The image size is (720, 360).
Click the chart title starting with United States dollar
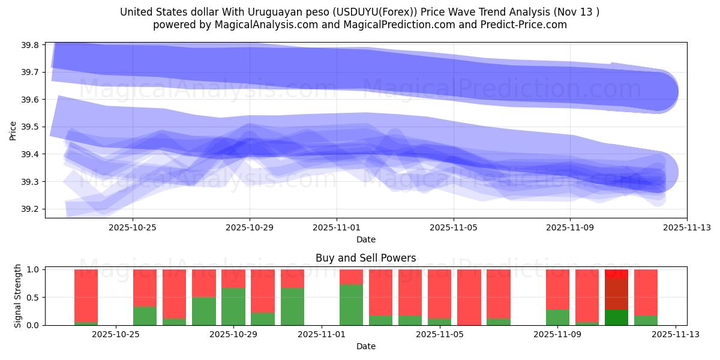359,12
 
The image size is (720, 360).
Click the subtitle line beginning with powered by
359,25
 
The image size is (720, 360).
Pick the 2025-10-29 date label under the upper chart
250,227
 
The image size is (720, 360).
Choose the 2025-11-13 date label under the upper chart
687,227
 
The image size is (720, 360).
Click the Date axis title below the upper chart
365,239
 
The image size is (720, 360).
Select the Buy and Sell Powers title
365,259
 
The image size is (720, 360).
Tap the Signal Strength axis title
18,296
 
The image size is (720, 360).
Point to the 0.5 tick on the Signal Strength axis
33,298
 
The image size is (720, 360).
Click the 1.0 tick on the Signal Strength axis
33,270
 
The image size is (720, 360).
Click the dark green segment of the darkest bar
616,317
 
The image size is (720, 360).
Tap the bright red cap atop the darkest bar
616,274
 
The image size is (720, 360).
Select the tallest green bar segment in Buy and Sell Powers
351,305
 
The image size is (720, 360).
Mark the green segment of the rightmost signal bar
646,320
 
